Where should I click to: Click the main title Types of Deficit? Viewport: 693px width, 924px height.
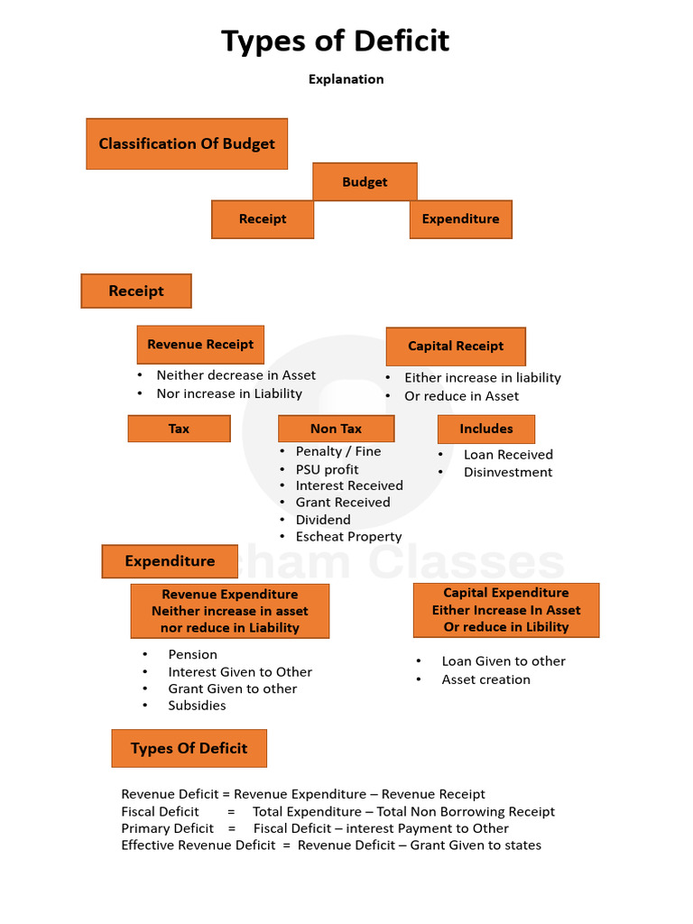click(336, 42)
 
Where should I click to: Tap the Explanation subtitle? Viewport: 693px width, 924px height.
click(346, 79)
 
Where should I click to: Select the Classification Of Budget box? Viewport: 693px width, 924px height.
click(187, 143)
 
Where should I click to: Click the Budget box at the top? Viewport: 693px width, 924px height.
click(365, 181)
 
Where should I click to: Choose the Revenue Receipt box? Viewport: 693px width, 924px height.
click(200, 344)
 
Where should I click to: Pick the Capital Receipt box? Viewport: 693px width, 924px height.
click(456, 346)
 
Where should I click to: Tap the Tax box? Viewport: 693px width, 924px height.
click(179, 429)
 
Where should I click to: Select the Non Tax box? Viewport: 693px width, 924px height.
click(336, 429)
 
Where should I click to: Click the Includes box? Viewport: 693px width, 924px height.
click(485, 429)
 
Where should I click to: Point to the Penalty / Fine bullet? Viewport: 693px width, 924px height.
click(337, 451)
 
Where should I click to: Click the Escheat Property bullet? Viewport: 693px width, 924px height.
click(348, 537)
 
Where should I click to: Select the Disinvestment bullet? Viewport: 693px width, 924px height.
click(508, 472)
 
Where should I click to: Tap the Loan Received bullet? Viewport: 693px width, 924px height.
click(508, 455)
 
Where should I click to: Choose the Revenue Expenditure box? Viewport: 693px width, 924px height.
click(229, 611)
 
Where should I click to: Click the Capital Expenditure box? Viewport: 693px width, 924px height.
click(505, 610)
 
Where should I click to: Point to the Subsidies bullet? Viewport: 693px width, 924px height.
click(197, 706)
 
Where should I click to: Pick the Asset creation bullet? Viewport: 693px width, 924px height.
click(485, 679)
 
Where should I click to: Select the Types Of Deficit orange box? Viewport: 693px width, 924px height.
click(189, 748)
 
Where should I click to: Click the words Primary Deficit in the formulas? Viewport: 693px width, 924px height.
click(168, 828)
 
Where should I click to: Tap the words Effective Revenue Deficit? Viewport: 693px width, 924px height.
click(199, 845)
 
